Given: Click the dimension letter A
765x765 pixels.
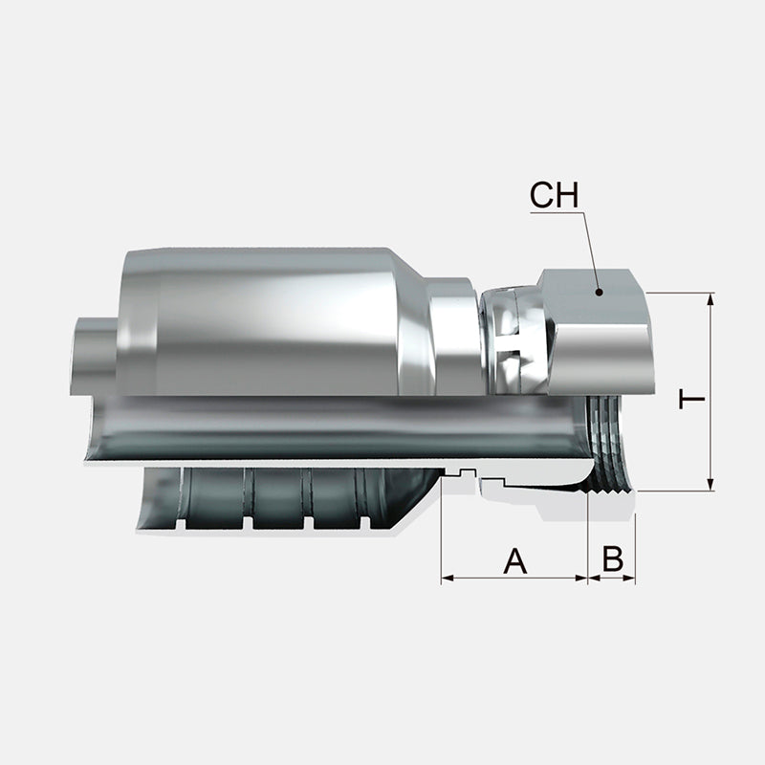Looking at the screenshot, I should click(515, 560).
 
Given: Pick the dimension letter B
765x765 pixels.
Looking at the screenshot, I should click(613, 560).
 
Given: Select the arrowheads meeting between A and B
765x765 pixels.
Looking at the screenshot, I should click(587, 579).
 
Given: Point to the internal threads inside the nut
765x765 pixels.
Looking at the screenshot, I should click(602, 440).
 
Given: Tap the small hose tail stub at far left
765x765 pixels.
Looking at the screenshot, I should click(92, 354).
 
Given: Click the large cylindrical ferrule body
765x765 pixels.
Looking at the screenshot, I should click(268, 320).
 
